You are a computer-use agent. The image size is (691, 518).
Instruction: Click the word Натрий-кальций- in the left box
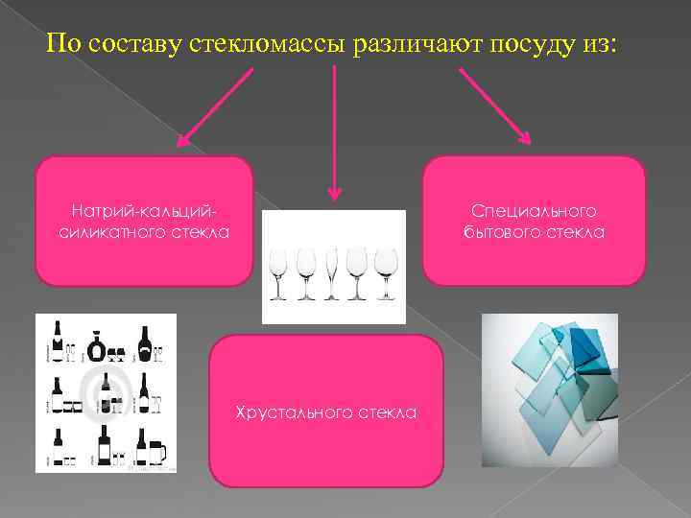pyautogui.click(x=144, y=209)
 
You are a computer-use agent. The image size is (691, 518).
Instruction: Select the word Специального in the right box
pyautogui.click(x=534, y=209)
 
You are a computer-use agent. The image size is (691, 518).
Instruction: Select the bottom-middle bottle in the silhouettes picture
pyautogui.click(x=105, y=446)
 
